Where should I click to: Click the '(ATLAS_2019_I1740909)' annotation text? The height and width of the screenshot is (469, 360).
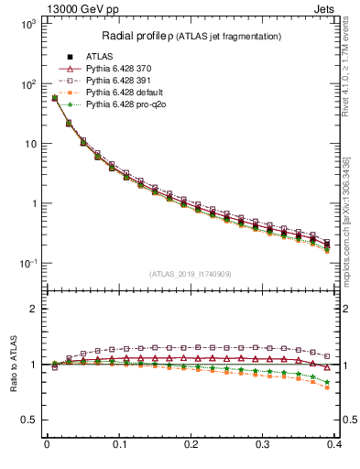click(191, 273)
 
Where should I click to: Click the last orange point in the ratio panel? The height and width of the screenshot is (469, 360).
click(328, 388)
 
